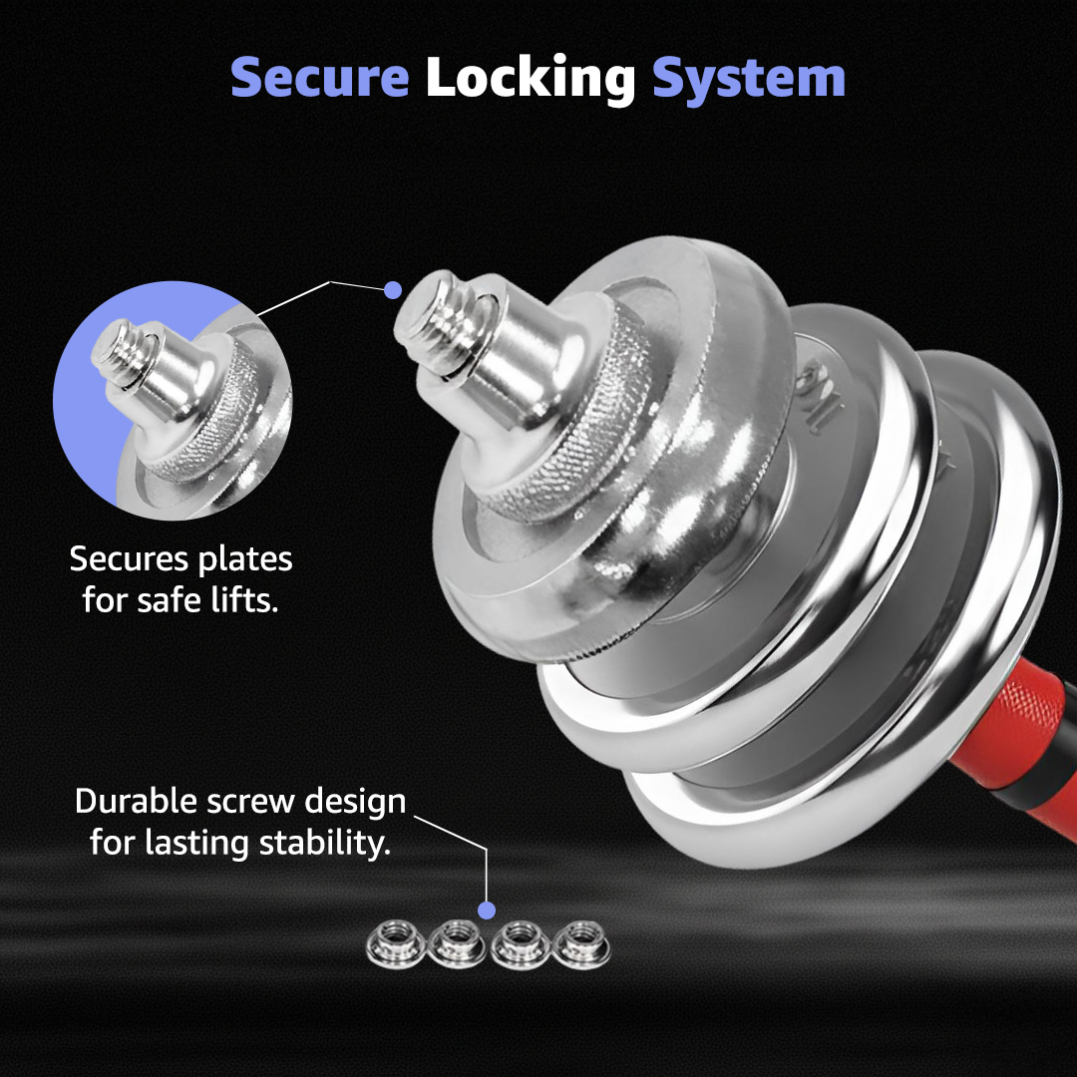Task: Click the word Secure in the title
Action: [319, 77]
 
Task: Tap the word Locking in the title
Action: [531, 79]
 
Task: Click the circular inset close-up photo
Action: [173, 400]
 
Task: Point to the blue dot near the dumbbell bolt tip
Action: [393, 290]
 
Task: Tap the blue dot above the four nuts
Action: [487, 910]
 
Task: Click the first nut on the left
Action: [394, 944]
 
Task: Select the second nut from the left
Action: [457, 944]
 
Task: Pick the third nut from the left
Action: [520, 944]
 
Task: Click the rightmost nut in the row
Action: [581, 944]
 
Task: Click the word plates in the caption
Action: [245, 560]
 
